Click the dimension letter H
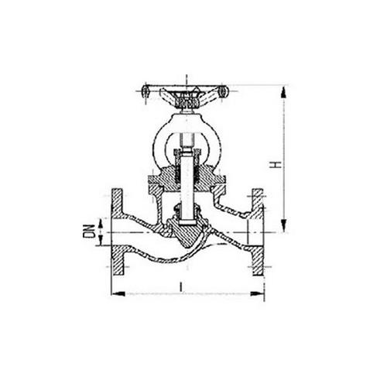[276, 165]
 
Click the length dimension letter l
[181, 287]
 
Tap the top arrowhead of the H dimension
[284, 92]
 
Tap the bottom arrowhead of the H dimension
[284, 225]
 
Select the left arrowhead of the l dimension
[118, 293]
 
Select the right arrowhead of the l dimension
[257, 293]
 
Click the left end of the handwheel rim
[146, 91]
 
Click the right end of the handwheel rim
[224, 91]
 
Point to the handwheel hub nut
[187, 100]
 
